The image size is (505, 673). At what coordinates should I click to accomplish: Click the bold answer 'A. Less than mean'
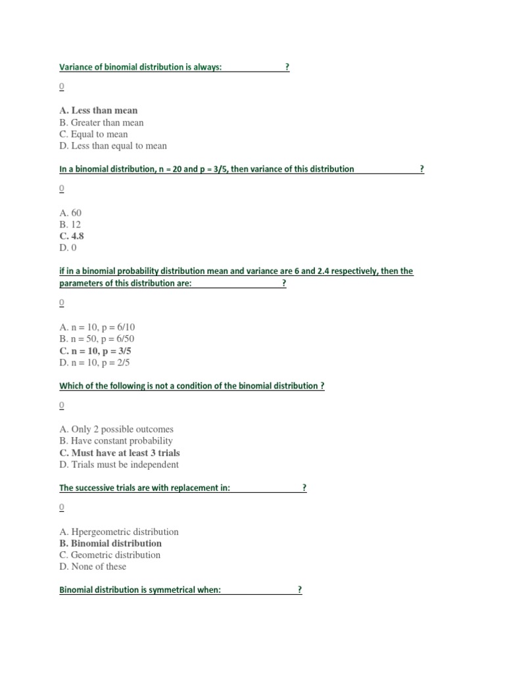99,110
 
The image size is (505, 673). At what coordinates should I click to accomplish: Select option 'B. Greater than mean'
101,122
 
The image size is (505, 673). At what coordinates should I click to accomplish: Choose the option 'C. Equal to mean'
93,134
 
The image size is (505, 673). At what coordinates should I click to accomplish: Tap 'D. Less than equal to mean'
113,146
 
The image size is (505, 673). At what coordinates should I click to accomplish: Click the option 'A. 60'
70,213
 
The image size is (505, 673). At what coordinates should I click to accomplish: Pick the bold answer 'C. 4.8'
72,236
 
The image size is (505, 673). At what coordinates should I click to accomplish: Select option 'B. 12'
70,224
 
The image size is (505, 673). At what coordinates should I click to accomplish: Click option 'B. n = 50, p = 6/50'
97,339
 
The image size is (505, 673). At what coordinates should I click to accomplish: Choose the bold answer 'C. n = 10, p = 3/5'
95,351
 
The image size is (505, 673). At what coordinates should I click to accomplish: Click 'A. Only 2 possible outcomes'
116,429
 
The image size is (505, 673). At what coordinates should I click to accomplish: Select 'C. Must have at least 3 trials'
119,453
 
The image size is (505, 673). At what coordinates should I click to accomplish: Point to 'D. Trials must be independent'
118,465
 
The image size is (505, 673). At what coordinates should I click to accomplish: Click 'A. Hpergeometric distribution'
118,531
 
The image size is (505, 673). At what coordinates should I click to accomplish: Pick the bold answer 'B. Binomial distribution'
110,543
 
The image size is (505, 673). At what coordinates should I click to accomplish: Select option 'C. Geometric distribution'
110,555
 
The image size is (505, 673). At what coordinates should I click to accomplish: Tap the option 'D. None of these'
93,567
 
